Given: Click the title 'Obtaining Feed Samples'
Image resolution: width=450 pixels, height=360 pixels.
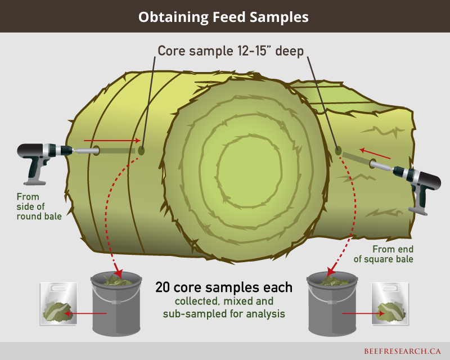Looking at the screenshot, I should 224,17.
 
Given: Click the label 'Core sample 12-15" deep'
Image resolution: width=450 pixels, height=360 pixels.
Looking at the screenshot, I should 230,51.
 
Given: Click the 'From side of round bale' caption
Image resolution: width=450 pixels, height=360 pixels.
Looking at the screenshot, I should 39,206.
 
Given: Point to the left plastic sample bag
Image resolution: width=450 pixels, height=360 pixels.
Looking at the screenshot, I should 57,304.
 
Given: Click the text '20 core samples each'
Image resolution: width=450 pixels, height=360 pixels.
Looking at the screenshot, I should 223,287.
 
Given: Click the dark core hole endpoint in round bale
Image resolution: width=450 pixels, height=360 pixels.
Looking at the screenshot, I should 141,151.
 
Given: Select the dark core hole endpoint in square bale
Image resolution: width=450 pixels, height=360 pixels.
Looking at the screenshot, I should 339,150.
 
